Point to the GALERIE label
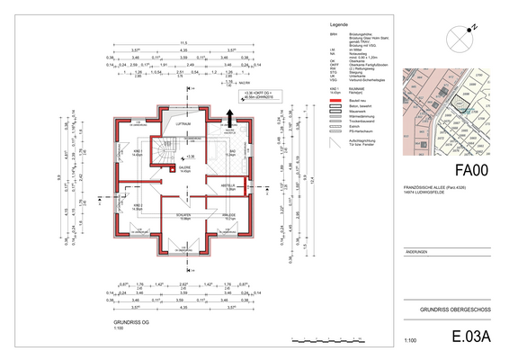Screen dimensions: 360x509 click(183, 166)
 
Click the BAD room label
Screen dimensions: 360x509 click(231, 151)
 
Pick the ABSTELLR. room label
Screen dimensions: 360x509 click(228, 185)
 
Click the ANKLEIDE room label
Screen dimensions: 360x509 click(228, 215)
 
